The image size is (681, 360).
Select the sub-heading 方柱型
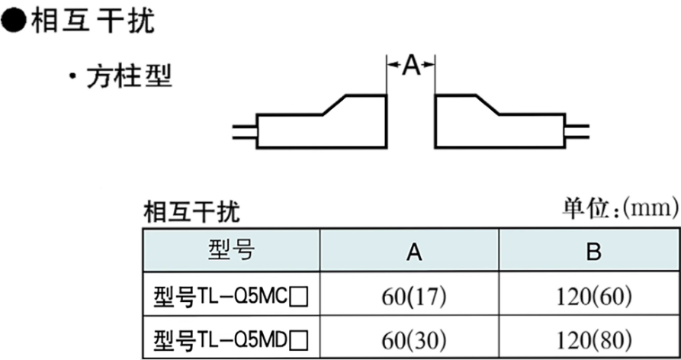click(x=130, y=76)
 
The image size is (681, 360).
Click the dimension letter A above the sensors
click(x=411, y=66)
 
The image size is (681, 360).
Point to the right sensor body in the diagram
click(x=496, y=126)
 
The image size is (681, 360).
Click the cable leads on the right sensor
click(x=577, y=131)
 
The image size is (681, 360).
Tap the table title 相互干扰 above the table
click(x=191, y=211)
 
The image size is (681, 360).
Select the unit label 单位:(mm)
click(x=620, y=207)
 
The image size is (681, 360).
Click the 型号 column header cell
click(x=231, y=251)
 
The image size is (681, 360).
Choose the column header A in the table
click(x=413, y=252)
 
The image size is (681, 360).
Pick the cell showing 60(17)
click(x=413, y=296)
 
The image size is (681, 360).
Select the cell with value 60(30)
click(x=413, y=338)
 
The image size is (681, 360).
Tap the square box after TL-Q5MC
click(x=300, y=296)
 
